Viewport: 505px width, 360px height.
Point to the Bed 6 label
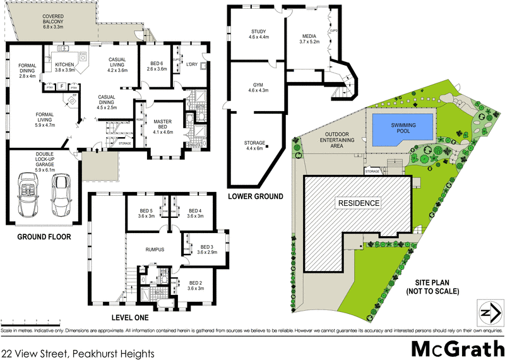tap(158, 65)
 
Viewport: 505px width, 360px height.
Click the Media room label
tap(310, 38)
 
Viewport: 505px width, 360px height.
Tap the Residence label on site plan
tap(359, 203)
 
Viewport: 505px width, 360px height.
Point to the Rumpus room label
tap(155, 249)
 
